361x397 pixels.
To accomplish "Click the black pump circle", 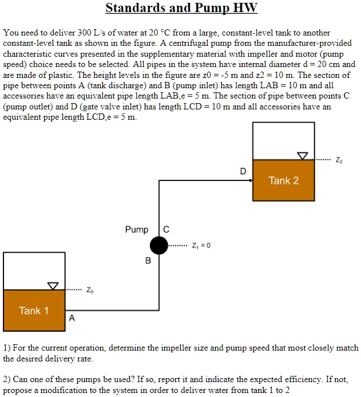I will tap(158, 246).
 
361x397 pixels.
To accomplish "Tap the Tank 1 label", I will tap(34, 310).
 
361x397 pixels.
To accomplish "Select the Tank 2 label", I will tap(284, 180).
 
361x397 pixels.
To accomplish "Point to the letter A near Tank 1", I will tap(72, 318).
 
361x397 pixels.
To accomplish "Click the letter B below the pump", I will tap(148, 261).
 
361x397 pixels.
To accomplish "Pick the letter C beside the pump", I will tap(166, 230).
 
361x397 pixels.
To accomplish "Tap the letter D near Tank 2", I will tap(243, 171).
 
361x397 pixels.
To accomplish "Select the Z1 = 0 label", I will tap(200, 246).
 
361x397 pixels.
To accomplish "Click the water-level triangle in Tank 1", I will tap(53, 285).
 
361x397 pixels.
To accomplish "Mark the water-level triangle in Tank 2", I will tap(302, 155).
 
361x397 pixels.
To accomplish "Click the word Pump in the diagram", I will tap(137, 230).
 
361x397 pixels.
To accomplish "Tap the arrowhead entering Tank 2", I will tap(249, 180).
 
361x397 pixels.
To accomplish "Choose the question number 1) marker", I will tap(7, 348).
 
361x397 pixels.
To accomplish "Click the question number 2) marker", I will tap(7, 379).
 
